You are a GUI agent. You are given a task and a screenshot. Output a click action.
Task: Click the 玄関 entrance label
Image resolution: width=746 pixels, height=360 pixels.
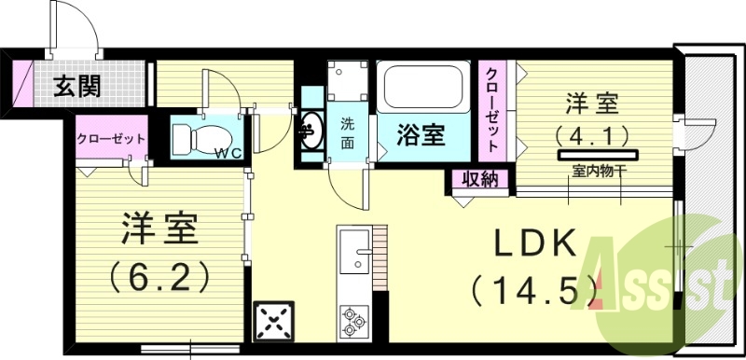77,89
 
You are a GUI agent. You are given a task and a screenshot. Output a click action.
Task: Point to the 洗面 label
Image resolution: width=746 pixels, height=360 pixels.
347,132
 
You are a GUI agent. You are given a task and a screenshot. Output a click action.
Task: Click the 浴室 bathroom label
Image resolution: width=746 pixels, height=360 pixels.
420,134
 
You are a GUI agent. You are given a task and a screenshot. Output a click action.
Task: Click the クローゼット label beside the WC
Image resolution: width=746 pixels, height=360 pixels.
111,139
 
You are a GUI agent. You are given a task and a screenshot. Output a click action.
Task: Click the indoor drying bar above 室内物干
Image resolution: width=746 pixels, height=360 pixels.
597,153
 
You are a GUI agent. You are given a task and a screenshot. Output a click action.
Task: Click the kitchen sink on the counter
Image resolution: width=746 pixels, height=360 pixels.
354,252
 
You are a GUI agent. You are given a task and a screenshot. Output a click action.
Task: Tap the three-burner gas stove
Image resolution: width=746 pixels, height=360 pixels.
353,319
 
